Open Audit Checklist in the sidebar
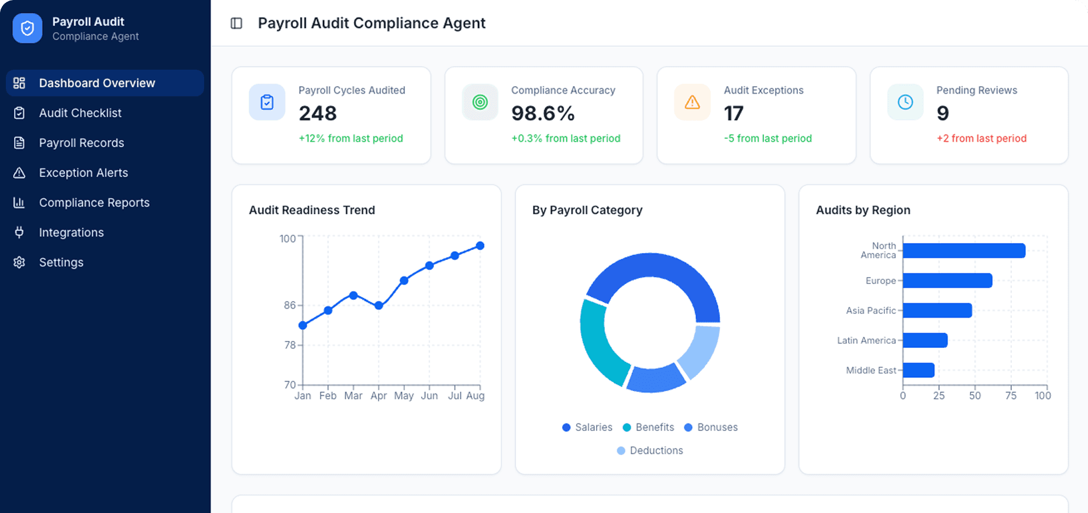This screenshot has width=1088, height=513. (x=80, y=113)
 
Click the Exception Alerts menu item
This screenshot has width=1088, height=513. (x=83, y=173)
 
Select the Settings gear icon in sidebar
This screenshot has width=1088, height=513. (x=19, y=262)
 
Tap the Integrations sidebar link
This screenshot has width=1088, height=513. (x=71, y=232)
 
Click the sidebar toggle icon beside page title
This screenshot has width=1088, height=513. (x=236, y=23)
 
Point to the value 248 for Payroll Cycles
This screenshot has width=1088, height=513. (x=318, y=113)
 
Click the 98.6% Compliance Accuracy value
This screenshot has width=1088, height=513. (x=543, y=113)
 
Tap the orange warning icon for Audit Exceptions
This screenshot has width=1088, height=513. (x=692, y=102)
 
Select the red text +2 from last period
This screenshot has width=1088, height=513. (x=981, y=139)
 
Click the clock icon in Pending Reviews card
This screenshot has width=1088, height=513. (x=905, y=102)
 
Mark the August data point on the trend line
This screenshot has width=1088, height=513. (x=480, y=246)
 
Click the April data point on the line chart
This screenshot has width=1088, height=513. (x=378, y=306)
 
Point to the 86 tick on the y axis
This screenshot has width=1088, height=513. (x=290, y=305)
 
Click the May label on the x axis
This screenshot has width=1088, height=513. (x=404, y=396)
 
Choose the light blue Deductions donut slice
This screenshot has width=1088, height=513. (x=700, y=351)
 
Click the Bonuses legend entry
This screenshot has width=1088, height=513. (x=711, y=427)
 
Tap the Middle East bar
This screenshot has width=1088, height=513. (x=918, y=370)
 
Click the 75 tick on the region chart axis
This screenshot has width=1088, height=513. (x=1011, y=396)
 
